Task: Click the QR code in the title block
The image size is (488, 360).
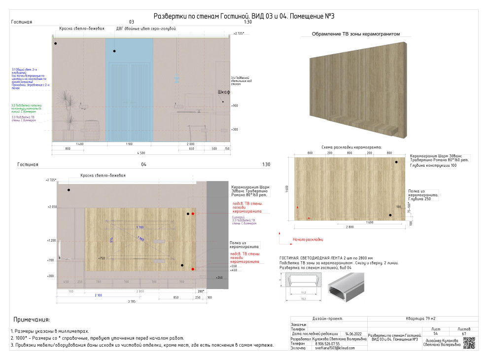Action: point(469,343)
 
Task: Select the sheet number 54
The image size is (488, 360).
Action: point(435,334)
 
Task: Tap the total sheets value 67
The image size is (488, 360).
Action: point(463,334)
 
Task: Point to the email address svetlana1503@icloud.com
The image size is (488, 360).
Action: point(335,348)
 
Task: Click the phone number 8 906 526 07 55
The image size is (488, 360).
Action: point(327,343)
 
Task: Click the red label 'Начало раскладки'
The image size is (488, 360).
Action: point(308,240)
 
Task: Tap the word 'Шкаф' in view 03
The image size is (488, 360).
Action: point(224,92)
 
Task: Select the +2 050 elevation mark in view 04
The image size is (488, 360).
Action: point(52,207)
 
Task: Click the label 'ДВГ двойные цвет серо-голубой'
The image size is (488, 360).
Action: point(146,29)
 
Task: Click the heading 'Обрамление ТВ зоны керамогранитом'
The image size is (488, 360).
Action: point(355,35)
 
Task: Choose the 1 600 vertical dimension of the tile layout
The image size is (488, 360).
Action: point(287,189)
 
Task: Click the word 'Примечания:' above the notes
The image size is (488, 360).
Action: point(32,320)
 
